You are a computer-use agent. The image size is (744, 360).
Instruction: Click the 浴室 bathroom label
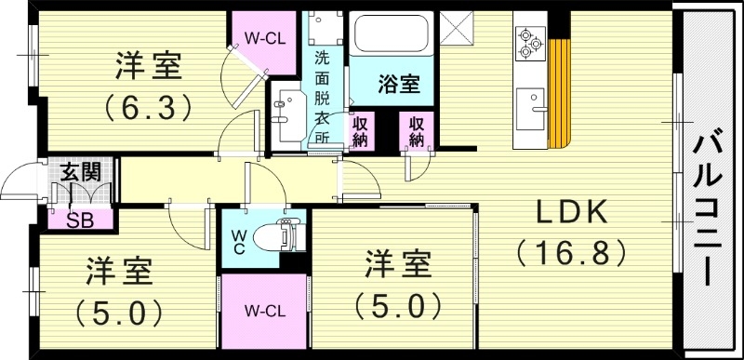click(x=397, y=85)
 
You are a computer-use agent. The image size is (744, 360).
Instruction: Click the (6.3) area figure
click(x=149, y=106)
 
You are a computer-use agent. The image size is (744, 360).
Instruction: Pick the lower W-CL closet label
click(x=264, y=309)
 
